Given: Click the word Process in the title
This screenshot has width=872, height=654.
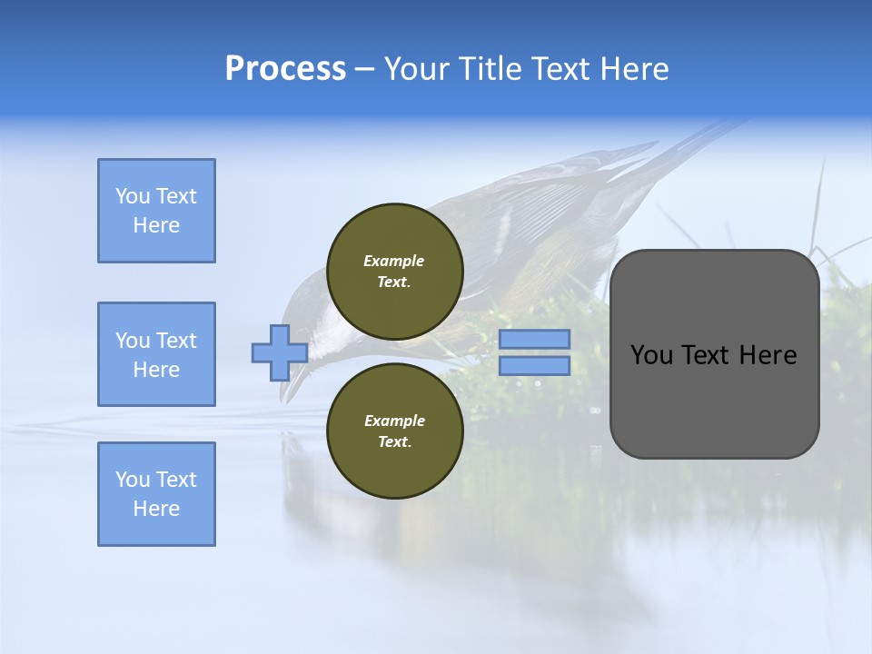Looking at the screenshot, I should (x=285, y=69).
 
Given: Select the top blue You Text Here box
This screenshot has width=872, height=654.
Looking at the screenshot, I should (x=156, y=211).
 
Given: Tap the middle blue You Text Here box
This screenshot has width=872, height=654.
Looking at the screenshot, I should (x=156, y=354).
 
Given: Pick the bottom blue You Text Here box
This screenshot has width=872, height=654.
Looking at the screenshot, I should (x=156, y=494).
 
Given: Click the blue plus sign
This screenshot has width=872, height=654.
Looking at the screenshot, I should (x=279, y=353).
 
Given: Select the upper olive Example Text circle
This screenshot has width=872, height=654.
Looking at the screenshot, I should (x=394, y=272).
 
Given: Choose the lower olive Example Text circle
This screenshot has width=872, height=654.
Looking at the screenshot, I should (x=394, y=431).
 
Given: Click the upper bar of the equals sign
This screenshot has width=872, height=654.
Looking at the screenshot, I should (x=535, y=340).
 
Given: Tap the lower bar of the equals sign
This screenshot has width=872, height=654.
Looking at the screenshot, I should (x=535, y=366).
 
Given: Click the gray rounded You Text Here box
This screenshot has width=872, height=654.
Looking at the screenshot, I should (x=714, y=354).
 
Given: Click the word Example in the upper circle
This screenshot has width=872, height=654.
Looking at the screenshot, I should (x=393, y=261).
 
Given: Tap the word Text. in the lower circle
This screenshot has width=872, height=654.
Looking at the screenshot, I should (x=394, y=441).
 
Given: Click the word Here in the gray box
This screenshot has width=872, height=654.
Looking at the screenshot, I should (x=768, y=355).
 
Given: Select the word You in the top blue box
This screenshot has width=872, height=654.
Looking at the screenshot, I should (x=132, y=196).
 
